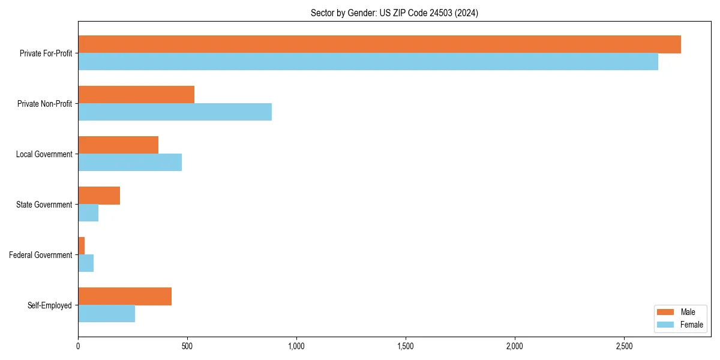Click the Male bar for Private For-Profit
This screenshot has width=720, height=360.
tap(379, 44)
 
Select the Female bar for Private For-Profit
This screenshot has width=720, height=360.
tap(368, 62)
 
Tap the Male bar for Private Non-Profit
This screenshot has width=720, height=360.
tap(136, 95)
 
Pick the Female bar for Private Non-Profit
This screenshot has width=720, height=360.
tap(175, 112)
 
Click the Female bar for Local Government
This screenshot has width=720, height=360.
tap(130, 163)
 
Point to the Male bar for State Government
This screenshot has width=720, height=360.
tap(99, 196)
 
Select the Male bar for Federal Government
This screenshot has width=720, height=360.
tap(82, 246)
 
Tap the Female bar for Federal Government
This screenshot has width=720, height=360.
tap(86, 263)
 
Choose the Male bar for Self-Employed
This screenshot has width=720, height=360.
tap(125, 296)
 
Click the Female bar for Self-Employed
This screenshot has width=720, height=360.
tap(106, 314)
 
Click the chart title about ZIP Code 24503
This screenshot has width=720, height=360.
tap(394, 13)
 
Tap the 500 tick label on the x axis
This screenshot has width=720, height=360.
tap(187, 346)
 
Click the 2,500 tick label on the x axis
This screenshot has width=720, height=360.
tap(624, 346)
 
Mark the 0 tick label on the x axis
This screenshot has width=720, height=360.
tap(78, 346)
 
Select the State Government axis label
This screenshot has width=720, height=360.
tap(44, 205)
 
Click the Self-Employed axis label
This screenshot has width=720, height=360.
tap(50, 305)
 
